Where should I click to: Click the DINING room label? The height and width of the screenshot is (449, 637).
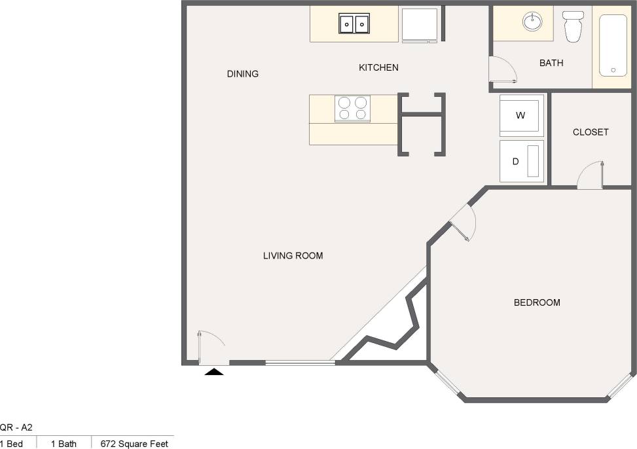[243, 74]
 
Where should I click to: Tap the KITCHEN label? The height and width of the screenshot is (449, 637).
[378, 67]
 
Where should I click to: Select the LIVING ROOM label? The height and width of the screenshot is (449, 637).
[293, 256]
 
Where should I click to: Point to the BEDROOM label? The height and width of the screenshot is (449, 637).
[537, 302]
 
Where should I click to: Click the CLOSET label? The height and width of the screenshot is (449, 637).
[591, 132]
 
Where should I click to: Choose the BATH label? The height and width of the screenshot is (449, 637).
[551, 63]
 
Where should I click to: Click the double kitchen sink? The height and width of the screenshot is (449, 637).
[354, 24]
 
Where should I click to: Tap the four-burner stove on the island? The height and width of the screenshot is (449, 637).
[353, 109]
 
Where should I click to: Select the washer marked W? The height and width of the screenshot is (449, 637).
[522, 116]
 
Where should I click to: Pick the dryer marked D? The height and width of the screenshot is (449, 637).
[522, 161]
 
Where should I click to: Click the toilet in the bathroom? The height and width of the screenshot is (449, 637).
[573, 27]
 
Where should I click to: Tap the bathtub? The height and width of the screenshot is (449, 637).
[613, 46]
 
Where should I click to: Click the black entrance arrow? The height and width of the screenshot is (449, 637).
[214, 372]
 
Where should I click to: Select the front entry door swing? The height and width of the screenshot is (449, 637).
[211, 347]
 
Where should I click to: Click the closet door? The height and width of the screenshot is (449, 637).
[591, 175]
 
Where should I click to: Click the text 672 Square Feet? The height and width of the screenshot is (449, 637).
[134, 444]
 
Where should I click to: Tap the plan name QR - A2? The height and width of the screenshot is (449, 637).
[16, 427]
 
